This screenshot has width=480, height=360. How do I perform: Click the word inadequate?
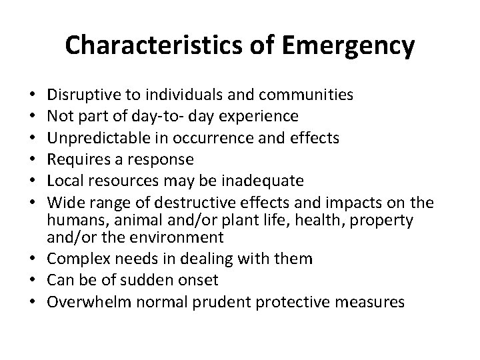click(x=266, y=181)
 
